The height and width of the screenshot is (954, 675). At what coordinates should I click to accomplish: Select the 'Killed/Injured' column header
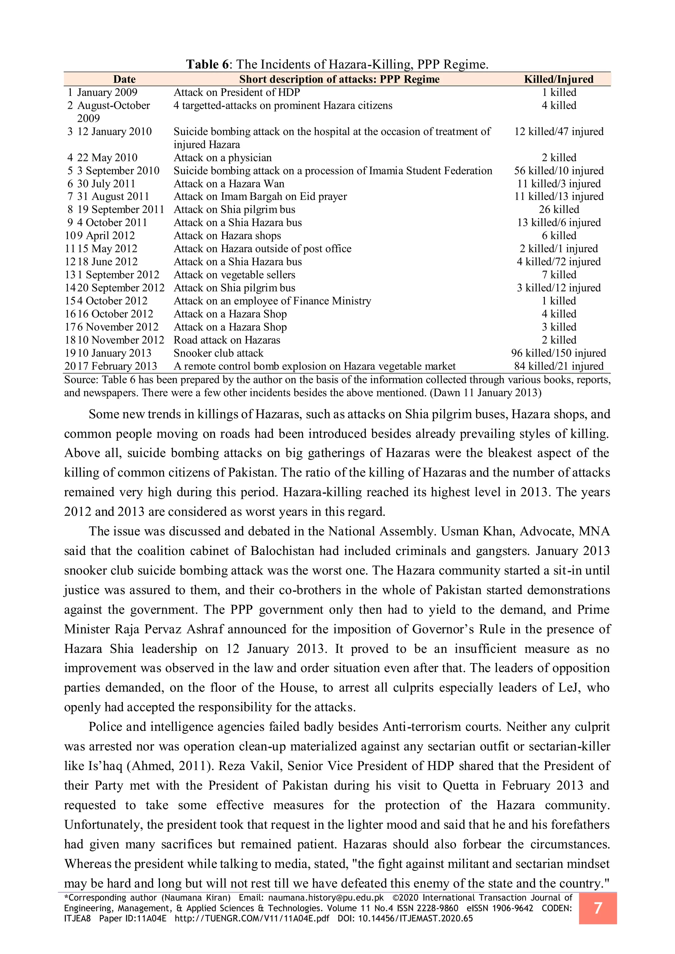click(558, 79)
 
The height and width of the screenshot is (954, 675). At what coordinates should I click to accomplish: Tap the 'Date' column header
click(124, 79)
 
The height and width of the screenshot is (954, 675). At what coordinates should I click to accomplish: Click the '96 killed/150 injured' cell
click(558, 353)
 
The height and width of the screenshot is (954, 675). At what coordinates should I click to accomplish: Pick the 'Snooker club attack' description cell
click(218, 353)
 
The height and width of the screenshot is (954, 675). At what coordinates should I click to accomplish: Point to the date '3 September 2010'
click(118, 170)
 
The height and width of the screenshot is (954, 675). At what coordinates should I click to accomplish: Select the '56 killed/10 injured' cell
click(558, 170)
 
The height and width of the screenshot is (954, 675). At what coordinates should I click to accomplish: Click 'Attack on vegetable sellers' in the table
click(234, 275)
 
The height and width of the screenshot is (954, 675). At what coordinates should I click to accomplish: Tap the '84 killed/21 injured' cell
click(558, 366)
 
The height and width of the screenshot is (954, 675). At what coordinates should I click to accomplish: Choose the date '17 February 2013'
click(117, 366)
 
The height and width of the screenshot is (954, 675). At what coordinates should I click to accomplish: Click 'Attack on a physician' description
click(222, 157)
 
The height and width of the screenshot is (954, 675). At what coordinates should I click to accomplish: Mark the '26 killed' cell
click(558, 210)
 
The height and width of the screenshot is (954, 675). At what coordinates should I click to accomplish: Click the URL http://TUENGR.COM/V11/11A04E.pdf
click(252, 918)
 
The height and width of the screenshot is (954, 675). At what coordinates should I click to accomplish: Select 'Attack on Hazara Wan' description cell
click(229, 184)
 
